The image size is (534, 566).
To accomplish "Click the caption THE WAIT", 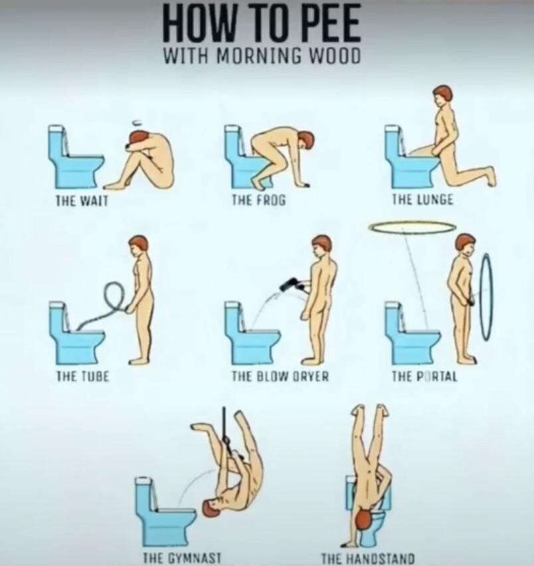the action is (81, 201).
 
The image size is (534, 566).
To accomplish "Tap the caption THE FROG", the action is (258, 199).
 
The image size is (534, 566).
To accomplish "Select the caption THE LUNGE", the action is (422, 199).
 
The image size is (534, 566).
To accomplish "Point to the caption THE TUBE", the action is (82, 377).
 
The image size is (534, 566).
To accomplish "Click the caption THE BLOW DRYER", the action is (280, 377).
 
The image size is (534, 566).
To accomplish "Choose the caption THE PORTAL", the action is (424, 377).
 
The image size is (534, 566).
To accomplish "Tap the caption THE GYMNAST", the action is (182, 558).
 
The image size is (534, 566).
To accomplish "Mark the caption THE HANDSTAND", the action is (368, 558).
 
